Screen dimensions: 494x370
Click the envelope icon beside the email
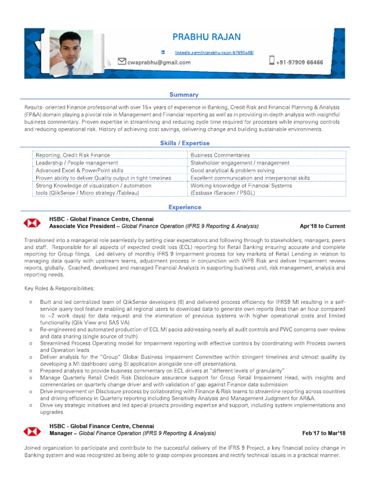click(x=122, y=61)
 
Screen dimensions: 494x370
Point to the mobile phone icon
click(x=272, y=61)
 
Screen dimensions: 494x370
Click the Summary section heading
click(x=184, y=95)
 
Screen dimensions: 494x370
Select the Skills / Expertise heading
click(x=185, y=143)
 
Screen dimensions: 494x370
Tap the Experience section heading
click(x=185, y=207)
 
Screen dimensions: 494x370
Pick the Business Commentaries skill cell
click(x=220, y=155)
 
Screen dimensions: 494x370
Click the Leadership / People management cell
click(x=77, y=163)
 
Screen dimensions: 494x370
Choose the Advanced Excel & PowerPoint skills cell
click(x=79, y=171)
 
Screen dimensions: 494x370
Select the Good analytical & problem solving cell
click(x=232, y=171)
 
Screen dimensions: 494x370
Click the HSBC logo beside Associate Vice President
click(x=33, y=223)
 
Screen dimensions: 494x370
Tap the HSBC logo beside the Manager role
click(x=33, y=430)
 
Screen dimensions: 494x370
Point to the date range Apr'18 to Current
click(x=322, y=226)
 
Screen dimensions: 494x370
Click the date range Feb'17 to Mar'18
click(x=324, y=433)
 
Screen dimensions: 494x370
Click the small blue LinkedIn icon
click(x=163, y=52)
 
